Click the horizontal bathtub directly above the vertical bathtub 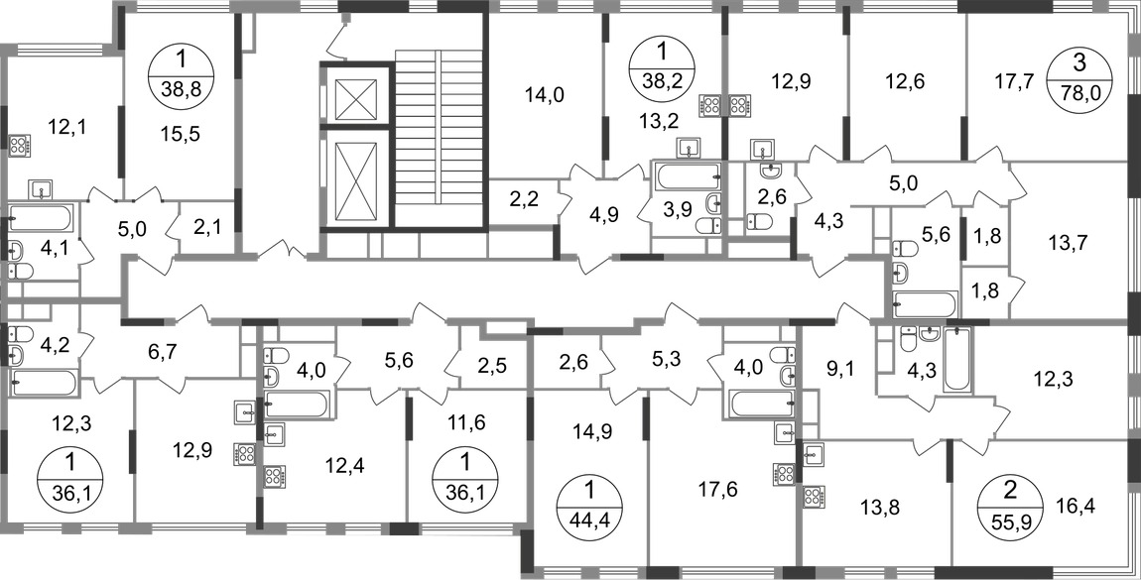click(x=927, y=300)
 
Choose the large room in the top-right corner click(x=1047, y=84)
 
